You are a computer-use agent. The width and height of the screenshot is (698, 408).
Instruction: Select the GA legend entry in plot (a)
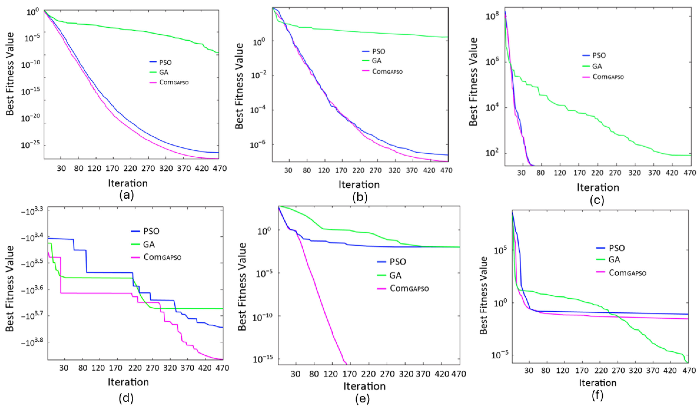(x=159, y=72)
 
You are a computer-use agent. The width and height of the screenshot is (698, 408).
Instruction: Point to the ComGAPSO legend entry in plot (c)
(x=603, y=77)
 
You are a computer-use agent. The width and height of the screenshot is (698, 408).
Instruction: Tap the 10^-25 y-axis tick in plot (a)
(x=30, y=144)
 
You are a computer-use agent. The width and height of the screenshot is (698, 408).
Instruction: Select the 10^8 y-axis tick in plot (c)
(x=492, y=16)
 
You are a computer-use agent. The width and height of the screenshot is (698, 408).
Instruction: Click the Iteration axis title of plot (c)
(x=598, y=187)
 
